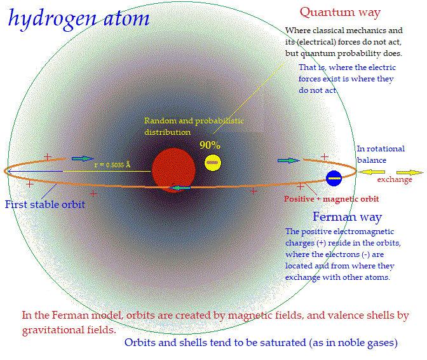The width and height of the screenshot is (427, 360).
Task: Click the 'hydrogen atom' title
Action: (79, 18)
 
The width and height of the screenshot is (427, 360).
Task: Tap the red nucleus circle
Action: (173, 170)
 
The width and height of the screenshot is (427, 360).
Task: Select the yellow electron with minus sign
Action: (213, 163)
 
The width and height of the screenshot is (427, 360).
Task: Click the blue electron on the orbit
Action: (334, 178)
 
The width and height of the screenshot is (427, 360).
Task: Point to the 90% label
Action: (210, 145)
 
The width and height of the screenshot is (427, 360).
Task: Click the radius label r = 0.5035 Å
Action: (112, 165)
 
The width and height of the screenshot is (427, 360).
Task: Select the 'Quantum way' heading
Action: (340, 13)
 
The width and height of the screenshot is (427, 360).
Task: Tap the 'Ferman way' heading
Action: (347, 217)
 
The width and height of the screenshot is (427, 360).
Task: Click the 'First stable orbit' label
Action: (45, 204)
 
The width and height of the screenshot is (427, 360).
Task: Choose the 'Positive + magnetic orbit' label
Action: (332, 199)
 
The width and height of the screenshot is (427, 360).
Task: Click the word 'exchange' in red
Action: (395, 179)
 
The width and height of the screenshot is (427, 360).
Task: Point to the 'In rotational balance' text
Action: (381, 155)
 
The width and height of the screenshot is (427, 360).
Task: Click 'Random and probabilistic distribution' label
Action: (194, 127)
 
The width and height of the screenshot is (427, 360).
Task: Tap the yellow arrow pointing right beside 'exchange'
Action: (410, 172)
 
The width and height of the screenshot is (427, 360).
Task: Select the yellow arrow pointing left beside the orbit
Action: (372, 172)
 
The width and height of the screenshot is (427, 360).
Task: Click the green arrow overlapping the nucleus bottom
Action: (179, 188)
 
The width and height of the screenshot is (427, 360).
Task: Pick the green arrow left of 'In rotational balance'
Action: (288, 160)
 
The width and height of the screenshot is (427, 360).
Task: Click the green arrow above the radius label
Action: (83, 158)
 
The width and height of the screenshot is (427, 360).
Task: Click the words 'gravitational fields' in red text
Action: (69, 330)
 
